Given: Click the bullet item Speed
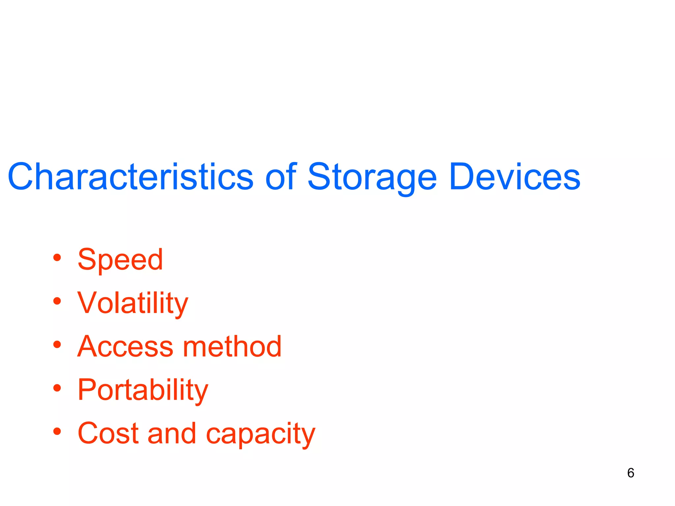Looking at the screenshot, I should (120, 260).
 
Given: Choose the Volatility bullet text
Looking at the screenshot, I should (132, 303).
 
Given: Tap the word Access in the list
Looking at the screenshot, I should (125, 347).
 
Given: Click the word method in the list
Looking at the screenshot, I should (232, 347).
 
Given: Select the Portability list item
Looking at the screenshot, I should (143, 390).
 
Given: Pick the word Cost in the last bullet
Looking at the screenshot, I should (108, 434).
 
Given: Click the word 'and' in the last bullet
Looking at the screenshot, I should (172, 434).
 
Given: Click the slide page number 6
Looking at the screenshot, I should (631, 473).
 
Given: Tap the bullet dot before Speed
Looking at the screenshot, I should (57, 258).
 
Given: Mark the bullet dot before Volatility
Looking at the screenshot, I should (57, 301).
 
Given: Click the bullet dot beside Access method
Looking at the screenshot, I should (57, 345).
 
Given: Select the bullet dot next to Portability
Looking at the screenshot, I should (57, 388).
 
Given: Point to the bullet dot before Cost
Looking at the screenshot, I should (57, 431).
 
